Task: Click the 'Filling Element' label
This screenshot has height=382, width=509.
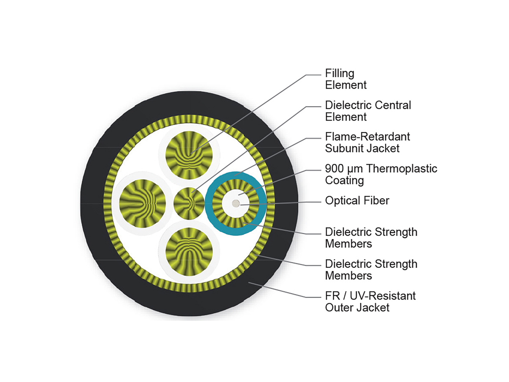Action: (x=346, y=79)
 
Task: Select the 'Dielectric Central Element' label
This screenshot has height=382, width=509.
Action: (x=368, y=110)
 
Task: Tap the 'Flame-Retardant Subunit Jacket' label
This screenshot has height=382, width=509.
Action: (x=367, y=142)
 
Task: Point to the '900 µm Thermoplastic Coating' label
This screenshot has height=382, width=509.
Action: (x=380, y=174)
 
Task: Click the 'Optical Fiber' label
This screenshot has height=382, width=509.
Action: (x=357, y=200)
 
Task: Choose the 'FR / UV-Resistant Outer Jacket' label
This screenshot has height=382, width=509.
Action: (x=370, y=301)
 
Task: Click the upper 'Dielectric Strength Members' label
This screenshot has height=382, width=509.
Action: (x=371, y=238)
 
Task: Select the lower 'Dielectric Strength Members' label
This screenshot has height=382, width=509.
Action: (x=371, y=270)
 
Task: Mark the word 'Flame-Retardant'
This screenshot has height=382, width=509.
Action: (x=367, y=137)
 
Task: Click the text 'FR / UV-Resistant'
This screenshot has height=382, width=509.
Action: (x=370, y=295)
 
